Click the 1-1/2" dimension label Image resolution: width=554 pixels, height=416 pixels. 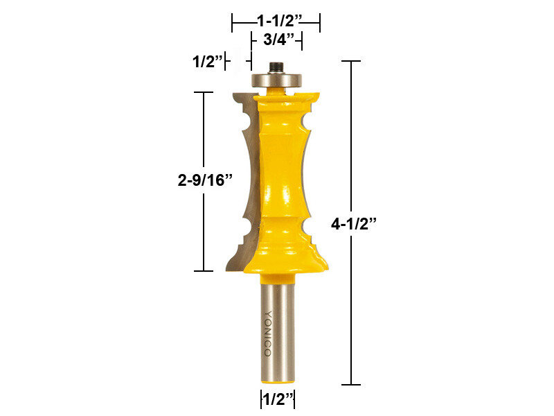coord(276,21)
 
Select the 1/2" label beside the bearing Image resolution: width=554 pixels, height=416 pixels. coord(207,62)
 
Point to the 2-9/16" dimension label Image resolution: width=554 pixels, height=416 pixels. coord(205,180)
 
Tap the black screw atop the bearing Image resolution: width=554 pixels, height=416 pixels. coord(276,68)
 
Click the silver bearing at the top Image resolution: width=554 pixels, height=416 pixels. coord(276,79)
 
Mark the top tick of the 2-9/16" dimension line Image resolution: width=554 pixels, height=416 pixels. coord(204,92)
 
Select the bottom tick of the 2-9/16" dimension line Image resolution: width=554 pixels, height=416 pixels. coord(204,270)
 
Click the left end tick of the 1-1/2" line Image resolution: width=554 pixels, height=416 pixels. coord(232,22)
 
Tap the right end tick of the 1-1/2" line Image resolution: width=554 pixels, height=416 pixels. coord(319,22)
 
